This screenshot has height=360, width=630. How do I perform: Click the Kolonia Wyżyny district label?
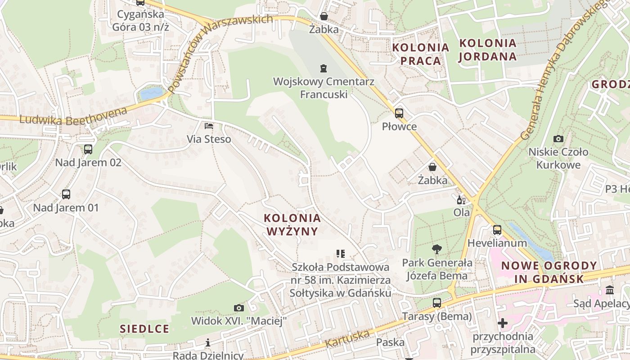pos(292,225)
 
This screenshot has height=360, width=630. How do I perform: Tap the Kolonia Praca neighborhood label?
pos(420,54)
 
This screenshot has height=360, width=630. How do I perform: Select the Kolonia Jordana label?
pos(487,50)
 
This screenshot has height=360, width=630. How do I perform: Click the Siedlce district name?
pos(144,328)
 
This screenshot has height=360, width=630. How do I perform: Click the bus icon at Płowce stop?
pos(399,113)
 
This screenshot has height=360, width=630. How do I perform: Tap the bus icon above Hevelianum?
pos(497,230)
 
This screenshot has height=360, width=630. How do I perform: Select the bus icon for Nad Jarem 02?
pos(88,149)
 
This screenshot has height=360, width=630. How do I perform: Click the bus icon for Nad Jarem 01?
pos(66,194)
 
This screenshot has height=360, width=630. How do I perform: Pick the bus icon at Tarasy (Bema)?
pos(437,303)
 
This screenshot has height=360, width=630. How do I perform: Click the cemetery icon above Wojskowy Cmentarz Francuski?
pos(323,68)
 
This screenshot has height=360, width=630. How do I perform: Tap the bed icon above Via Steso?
pos(209,126)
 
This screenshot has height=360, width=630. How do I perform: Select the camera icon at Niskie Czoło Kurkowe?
pos(558,139)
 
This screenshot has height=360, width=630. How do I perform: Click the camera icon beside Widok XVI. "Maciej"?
pos(239,308)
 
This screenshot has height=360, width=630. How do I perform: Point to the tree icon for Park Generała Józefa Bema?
pos(436,249)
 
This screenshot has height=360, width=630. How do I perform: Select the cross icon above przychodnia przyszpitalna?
pos(503,323)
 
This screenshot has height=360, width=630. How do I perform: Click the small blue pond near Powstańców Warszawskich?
pos(151,93)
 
